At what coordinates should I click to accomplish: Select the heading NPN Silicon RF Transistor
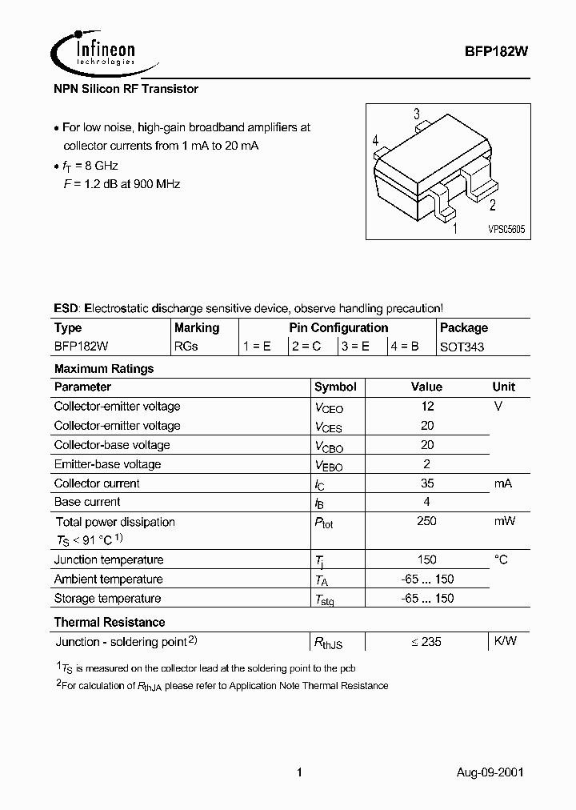(126, 89)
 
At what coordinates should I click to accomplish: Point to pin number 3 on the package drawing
(416, 114)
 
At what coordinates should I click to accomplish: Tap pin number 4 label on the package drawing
(374, 141)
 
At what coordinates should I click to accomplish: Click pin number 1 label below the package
(454, 229)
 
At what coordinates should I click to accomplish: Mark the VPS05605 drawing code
(506, 229)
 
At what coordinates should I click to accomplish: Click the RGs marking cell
(186, 347)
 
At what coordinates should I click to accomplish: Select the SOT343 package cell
(462, 347)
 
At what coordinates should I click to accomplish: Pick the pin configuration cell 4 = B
(406, 347)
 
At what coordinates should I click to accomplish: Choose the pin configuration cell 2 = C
(306, 347)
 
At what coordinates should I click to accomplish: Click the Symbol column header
(335, 387)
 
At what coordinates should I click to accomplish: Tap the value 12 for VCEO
(426, 406)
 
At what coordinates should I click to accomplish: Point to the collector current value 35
(426, 483)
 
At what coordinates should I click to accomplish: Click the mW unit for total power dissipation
(503, 521)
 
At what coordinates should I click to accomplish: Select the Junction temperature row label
(109, 559)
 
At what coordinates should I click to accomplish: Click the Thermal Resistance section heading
(110, 622)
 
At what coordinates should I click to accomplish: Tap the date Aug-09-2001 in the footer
(490, 772)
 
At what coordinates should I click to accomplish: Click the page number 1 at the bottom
(299, 772)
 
